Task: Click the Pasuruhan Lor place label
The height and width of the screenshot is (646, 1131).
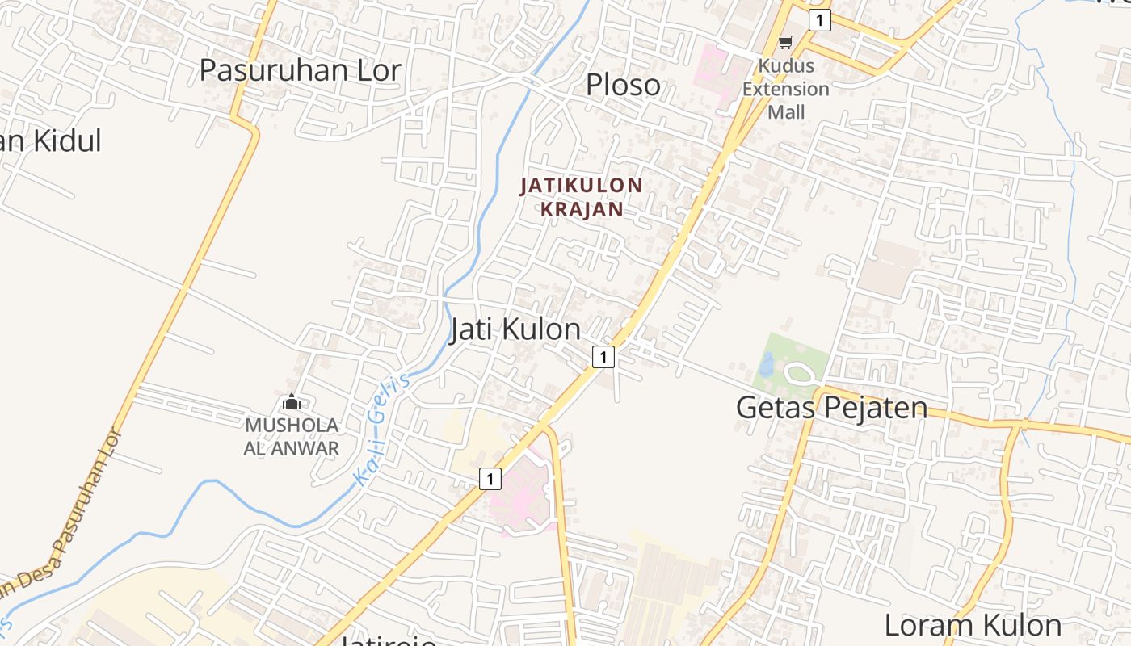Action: (300, 70)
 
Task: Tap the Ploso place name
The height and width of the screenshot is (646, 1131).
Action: (623, 85)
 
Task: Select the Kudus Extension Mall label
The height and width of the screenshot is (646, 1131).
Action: (786, 89)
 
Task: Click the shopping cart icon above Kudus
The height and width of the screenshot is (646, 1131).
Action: (786, 43)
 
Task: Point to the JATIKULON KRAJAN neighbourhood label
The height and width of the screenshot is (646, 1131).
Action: (582, 197)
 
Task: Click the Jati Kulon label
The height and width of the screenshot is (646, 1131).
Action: (515, 329)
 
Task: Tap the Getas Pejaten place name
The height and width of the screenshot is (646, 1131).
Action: (831, 408)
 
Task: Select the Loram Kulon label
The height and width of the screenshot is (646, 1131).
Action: (972, 625)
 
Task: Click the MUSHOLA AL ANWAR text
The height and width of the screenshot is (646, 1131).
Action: (292, 437)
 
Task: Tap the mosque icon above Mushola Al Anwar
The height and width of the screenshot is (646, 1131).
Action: (291, 401)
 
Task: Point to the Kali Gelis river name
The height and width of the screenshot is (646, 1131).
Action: (382, 432)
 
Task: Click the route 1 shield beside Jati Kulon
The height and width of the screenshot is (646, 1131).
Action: (603, 356)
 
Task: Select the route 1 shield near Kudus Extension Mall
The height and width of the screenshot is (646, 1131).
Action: (819, 20)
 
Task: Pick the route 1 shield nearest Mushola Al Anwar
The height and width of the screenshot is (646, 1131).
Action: (490, 479)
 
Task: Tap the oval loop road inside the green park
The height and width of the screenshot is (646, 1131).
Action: (800, 373)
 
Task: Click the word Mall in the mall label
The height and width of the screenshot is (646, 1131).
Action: (786, 111)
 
